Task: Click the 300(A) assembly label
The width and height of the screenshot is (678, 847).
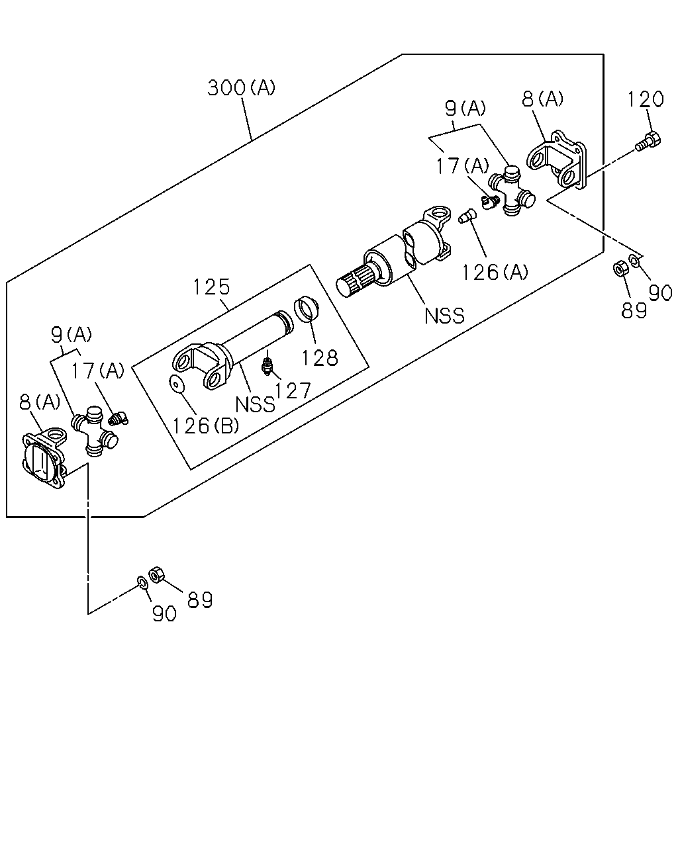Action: click(241, 87)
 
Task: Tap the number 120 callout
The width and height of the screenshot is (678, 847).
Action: click(646, 99)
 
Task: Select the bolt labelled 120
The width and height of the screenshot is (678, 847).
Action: click(648, 142)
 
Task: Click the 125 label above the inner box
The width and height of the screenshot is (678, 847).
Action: click(211, 287)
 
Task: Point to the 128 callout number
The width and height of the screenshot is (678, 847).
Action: click(320, 358)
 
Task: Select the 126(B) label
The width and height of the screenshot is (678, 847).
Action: click(206, 426)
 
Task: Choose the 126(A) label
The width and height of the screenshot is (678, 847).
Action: click(495, 272)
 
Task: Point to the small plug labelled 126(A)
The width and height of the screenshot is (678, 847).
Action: click(467, 216)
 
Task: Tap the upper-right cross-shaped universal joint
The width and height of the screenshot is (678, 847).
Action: click(511, 191)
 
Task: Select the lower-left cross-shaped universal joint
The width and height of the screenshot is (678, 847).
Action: click(95, 431)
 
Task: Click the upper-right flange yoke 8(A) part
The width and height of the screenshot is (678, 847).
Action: click(557, 159)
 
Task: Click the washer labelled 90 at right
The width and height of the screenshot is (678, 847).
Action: click(634, 260)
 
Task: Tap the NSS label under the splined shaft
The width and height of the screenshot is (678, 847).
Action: click(444, 316)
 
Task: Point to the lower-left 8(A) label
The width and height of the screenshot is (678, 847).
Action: click(40, 402)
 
